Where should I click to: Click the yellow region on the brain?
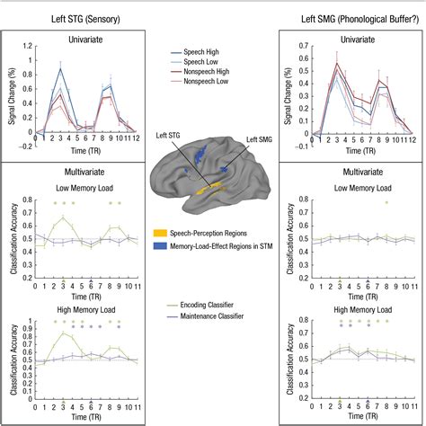(209, 190)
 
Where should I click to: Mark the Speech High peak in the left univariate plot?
(61, 69)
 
